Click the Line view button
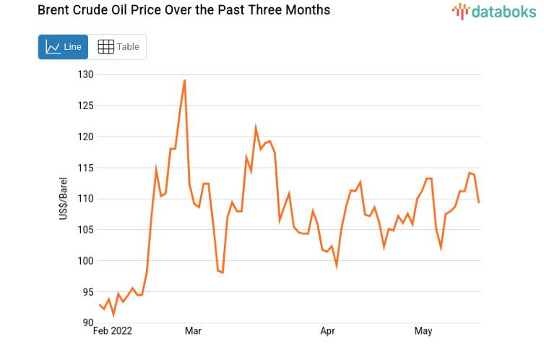[x=63, y=47]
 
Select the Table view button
[x=118, y=47]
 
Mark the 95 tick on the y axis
[x=87, y=292]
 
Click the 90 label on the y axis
[x=87, y=323]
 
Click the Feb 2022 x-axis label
[x=114, y=332]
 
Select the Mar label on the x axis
[x=193, y=332]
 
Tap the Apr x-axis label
[x=328, y=332]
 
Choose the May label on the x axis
[x=423, y=332]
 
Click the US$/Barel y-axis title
[x=64, y=199]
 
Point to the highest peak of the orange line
[x=185, y=80]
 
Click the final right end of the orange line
[x=479, y=202]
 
